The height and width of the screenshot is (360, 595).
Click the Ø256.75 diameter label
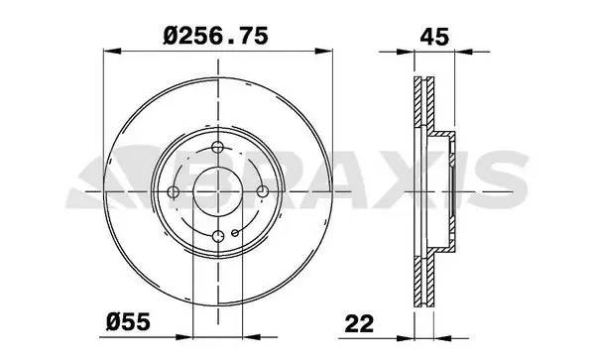215,36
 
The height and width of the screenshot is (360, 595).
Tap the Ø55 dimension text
128,322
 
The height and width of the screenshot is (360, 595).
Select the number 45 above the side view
434,37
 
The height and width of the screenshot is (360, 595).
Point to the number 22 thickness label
359,323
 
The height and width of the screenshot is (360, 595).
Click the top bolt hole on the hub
218,147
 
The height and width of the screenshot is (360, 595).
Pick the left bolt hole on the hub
174,191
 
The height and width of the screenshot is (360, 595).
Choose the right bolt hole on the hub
262,191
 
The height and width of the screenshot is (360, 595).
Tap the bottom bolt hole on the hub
218,236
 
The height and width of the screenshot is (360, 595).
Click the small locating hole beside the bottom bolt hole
235,232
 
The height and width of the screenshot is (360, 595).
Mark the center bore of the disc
218,191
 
